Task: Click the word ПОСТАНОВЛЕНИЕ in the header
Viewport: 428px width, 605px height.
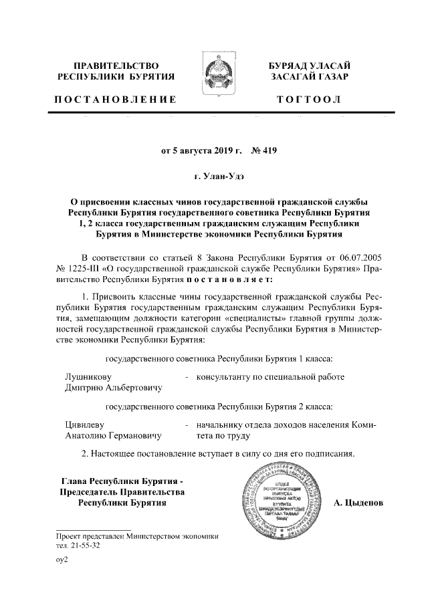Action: (x=115, y=100)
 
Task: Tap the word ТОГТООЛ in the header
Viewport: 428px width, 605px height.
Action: (x=309, y=100)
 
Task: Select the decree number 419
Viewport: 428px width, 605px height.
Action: (x=267, y=151)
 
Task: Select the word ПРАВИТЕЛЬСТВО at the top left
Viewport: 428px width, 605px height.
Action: (x=115, y=66)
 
